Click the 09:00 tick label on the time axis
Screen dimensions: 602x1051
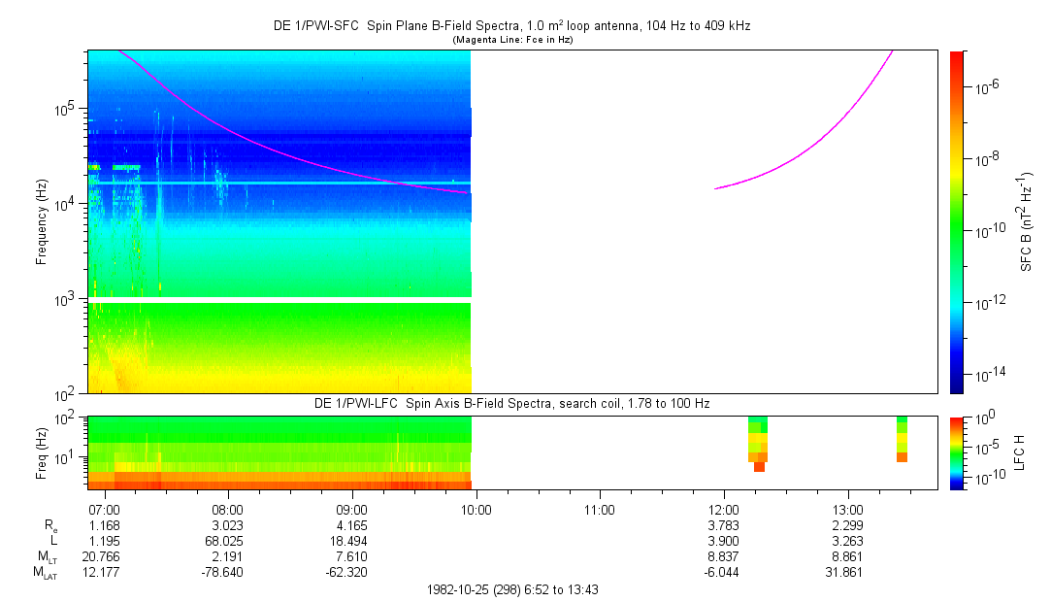[x=351, y=509]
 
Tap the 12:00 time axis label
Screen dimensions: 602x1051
[x=724, y=509]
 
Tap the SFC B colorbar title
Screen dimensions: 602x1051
[x=1025, y=222]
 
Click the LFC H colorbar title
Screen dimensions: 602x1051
[x=1025, y=452]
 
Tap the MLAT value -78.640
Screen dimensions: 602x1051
[x=227, y=572]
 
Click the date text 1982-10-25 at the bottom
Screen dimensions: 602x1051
[x=461, y=589]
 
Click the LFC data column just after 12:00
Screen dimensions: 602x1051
[x=758, y=443]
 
